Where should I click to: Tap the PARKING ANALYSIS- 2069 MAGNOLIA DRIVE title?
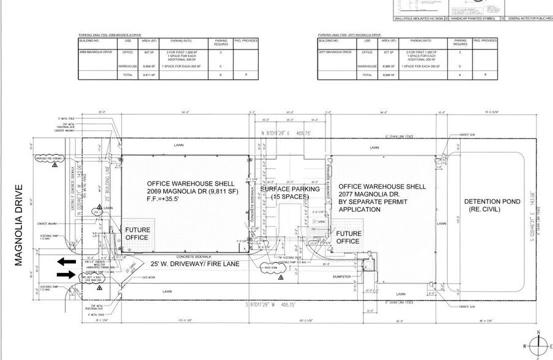[109, 35]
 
